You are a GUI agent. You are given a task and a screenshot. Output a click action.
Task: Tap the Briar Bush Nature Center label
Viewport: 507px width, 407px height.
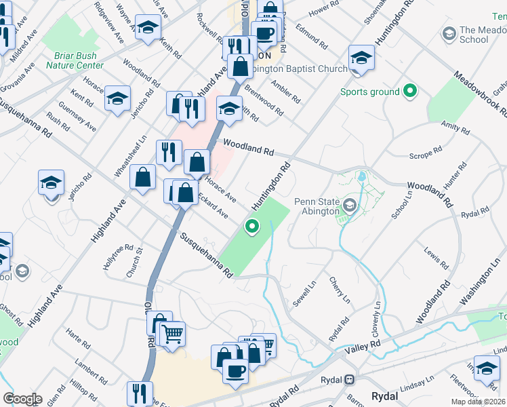coord(75,61)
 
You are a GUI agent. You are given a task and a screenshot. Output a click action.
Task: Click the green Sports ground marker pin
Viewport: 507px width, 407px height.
coord(409,90)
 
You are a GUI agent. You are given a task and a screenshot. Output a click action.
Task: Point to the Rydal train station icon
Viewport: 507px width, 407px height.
coord(350,379)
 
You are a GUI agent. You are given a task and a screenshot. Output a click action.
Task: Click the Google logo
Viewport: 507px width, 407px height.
coord(22,399)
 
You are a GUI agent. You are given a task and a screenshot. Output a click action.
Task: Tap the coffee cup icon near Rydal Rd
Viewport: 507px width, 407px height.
coord(235,371)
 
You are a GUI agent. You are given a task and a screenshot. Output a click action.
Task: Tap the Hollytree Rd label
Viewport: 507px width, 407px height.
coord(119,257)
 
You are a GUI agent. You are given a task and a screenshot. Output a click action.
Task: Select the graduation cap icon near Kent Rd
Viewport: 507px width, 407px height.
coord(117,98)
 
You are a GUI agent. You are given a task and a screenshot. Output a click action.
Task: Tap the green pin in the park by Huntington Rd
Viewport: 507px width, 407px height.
coord(252,227)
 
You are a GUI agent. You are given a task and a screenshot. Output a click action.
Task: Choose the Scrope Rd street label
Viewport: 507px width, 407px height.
coord(426,155)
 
